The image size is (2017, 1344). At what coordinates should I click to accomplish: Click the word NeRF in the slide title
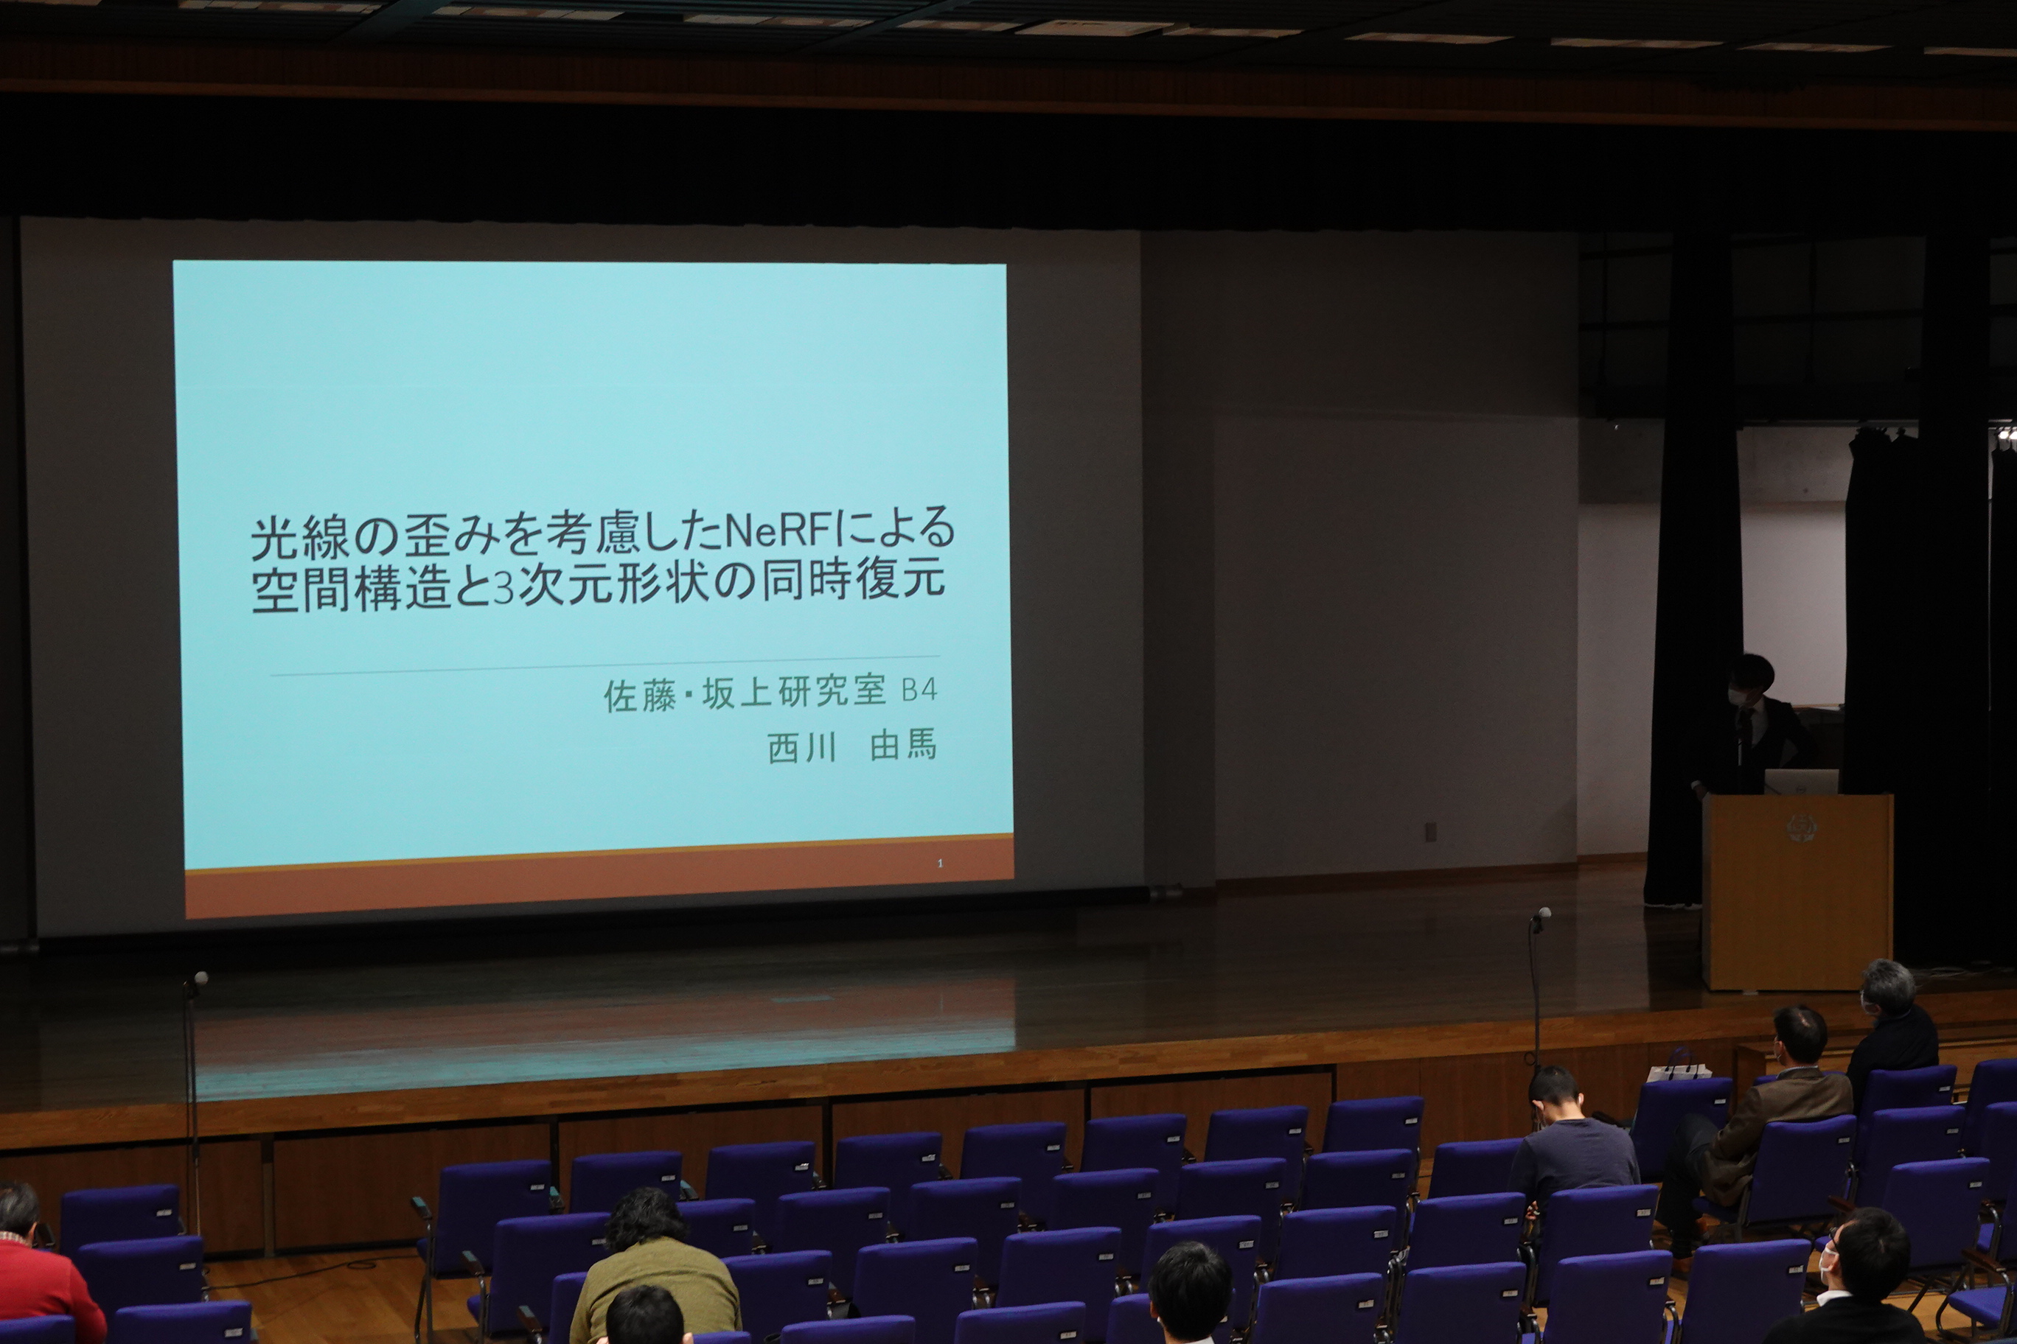[779, 530]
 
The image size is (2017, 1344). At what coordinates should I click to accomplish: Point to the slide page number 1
[940, 863]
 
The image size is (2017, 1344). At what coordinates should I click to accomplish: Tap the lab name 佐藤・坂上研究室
[745, 693]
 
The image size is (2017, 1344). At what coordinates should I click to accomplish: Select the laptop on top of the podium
[1800, 782]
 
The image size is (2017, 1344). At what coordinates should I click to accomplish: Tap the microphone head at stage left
[201, 978]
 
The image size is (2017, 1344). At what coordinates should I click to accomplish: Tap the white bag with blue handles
[1679, 1068]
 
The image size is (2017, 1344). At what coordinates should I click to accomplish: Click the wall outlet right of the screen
[1429, 831]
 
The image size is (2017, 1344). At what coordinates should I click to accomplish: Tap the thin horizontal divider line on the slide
[605, 666]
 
